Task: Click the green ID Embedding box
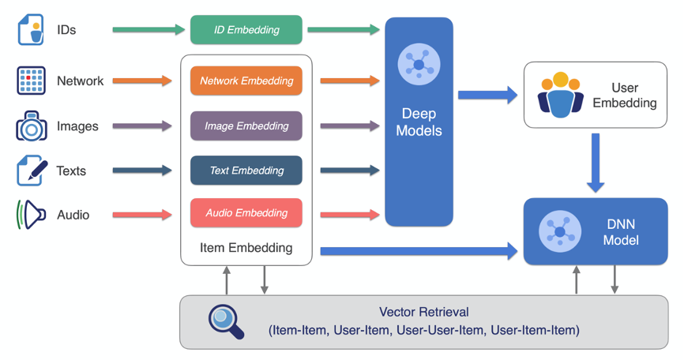[x=246, y=30]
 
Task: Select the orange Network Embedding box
[x=246, y=81]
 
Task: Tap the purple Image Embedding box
[x=246, y=126]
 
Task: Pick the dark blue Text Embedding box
[x=246, y=171]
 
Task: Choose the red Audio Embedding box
[x=246, y=213]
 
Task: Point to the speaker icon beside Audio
[x=31, y=214]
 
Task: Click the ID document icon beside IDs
[x=31, y=30]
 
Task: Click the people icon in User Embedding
[x=560, y=96]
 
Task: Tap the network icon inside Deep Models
[x=419, y=62]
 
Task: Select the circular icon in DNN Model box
[x=560, y=231]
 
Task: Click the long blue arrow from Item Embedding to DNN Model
[x=419, y=252]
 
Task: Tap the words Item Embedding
[x=246, y=248]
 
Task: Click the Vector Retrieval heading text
[x=423, y=313]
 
